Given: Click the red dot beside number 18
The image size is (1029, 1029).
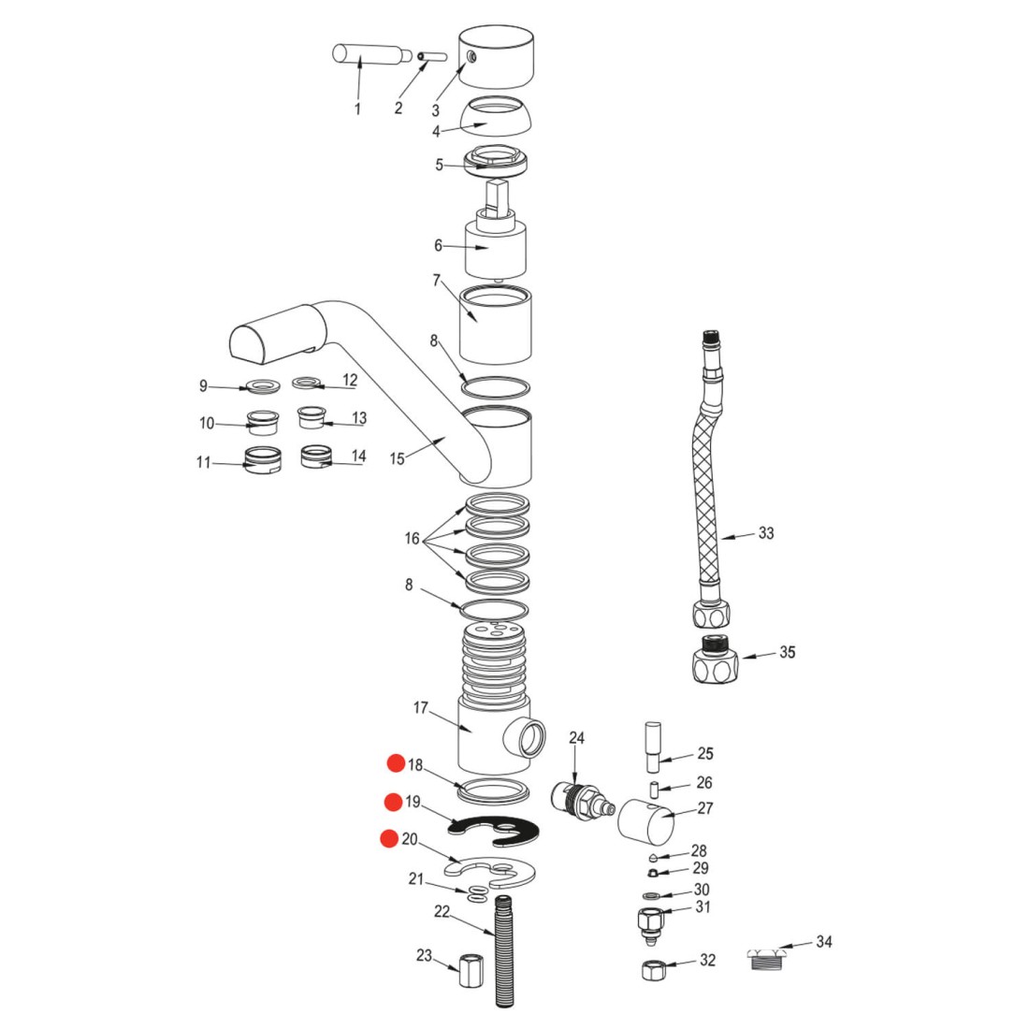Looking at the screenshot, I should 396,764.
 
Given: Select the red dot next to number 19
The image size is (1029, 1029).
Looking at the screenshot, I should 393,802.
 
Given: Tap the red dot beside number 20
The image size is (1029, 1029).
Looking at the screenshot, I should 388,839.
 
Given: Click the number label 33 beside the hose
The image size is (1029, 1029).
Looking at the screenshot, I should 766,533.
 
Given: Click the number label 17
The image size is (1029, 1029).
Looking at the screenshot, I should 421,708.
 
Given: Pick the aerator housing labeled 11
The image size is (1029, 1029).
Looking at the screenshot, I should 263,461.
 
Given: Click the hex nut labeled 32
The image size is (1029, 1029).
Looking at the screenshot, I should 652,968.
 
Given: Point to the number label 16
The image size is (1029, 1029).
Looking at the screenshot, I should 413,539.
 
